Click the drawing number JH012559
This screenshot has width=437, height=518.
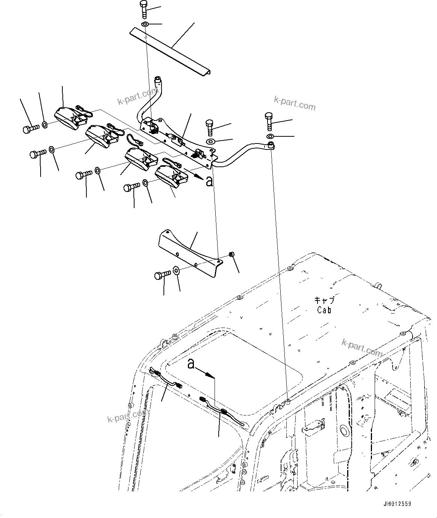coord(397,504)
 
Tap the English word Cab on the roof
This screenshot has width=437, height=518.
coord(324,310)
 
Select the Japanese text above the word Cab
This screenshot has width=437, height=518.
coord(324,301)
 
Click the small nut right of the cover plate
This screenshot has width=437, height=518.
coord(232,255)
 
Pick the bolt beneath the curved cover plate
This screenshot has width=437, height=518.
coord(163,275)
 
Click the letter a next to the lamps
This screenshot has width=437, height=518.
coord(209,182)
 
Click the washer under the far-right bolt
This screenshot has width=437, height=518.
coord(271,136)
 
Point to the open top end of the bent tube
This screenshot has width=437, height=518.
coord(158,79)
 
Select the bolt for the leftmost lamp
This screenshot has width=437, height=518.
coord(30,129)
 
